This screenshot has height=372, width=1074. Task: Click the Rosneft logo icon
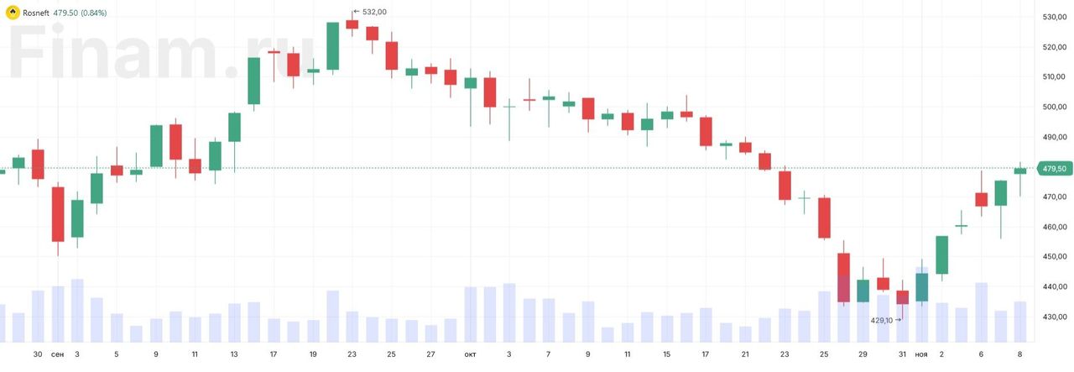[12, 13]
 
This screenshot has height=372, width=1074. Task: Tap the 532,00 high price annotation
[374, 12]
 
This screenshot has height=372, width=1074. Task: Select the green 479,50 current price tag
[1053, 169]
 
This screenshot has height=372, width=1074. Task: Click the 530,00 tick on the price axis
[1054, 17]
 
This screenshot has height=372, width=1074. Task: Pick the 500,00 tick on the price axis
[1054, 107]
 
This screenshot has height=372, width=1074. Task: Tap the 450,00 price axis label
[1054, 257]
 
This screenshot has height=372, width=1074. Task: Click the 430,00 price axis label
[1054, 317]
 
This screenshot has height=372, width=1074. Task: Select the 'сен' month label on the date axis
[57, 354]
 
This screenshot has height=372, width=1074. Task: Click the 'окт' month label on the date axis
[470, 354]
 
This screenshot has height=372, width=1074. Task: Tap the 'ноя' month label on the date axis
[921, 354]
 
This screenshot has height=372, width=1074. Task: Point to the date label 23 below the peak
[352, 354]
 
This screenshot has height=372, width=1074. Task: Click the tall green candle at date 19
[332, 46]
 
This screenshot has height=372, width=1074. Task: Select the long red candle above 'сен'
[58, 213]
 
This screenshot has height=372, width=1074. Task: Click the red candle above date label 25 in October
[825, 217]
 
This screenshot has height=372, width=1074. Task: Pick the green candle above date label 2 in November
[941, 254]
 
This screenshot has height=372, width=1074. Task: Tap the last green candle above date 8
[1020, 170]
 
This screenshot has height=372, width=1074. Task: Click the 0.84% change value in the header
[93, 13]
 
